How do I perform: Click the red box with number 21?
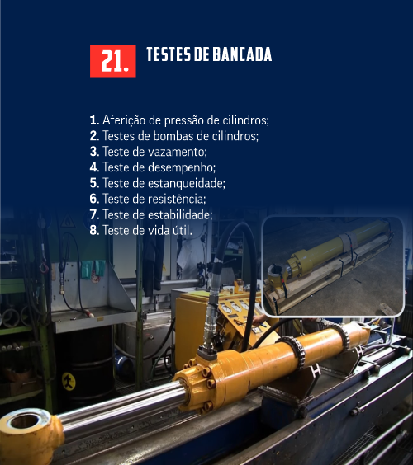[x=113, y=61]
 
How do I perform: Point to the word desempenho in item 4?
[x=181, y=167]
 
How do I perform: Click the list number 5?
[x=94, y=183]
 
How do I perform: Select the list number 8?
[x=94, y=230]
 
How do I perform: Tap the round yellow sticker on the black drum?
[x=69, y=382]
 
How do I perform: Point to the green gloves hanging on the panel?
[x=93, y=270]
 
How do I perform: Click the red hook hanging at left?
[x=45, y=266]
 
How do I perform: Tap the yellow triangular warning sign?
[x=68, y=221]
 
